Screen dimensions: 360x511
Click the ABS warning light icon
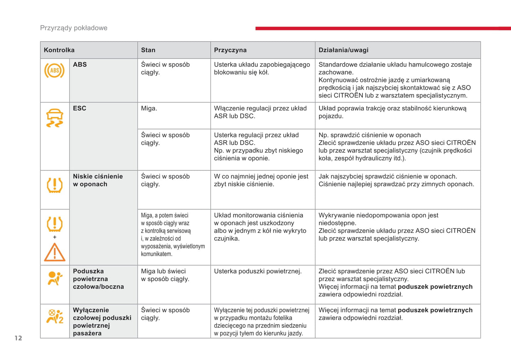point(54,71)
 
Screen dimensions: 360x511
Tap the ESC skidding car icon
point(54,118)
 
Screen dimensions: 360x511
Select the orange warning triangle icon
point(54,253)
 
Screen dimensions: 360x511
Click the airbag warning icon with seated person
point(54,278)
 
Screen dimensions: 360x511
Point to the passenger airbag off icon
point(55,317)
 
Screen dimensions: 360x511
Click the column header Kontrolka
point(59,50)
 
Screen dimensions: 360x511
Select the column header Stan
point(148,50)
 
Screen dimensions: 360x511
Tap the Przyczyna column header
point(230,50)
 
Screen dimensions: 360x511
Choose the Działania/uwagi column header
point(343,50)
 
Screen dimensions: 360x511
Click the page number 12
point(18,338)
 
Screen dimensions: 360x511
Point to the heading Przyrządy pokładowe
point(74,28)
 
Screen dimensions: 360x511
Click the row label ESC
point(80,108)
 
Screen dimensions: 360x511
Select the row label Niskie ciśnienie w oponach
point(98,180)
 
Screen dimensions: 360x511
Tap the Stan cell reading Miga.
point(149,108)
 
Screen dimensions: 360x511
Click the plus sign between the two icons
point(54,237)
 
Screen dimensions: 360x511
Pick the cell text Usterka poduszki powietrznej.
point(257,271)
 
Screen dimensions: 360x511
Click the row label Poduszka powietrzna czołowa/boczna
point(98,279)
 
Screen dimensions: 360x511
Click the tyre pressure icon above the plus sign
point(54,224)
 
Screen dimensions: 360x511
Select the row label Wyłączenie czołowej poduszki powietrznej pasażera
point(102,321)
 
